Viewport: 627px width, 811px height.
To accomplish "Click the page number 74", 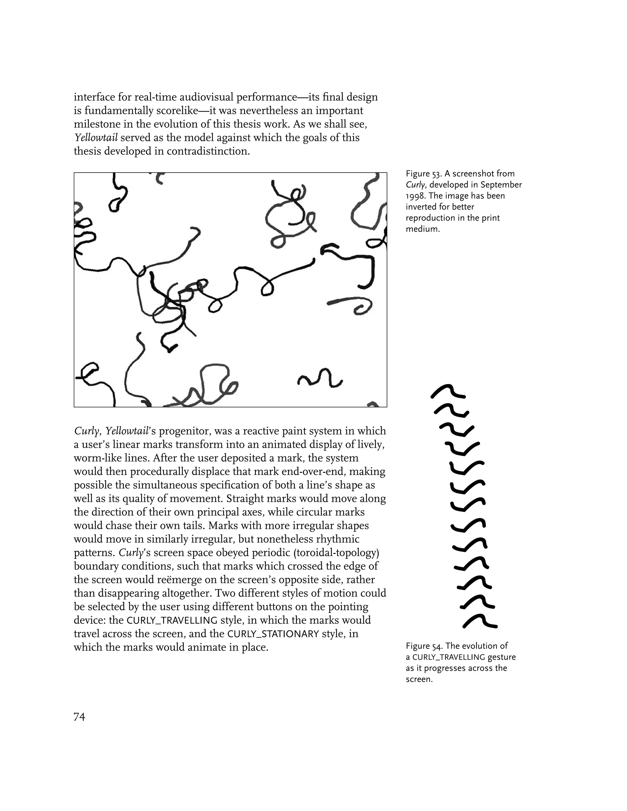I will coord(80,717).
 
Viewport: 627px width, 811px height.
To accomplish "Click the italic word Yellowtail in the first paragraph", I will coord(96,138).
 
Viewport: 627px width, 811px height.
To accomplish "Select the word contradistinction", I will coord(208,151).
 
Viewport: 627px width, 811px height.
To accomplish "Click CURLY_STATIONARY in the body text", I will coord(273,634).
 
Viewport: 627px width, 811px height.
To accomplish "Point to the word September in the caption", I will coord(501,185).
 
